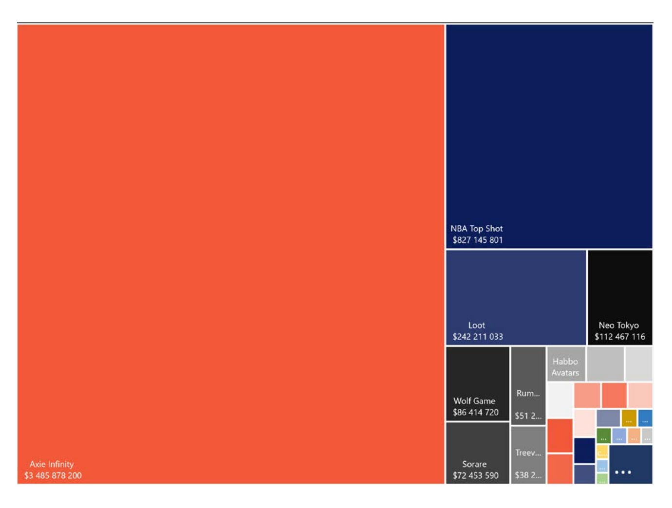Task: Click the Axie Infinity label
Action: point(51,464)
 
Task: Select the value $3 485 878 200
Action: point(53,475)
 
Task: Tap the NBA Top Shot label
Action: point(476,228)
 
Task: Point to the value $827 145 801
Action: point(477,240)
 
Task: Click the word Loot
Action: point(476,325)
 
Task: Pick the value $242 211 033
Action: point(477,337)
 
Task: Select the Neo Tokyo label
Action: point(618,325)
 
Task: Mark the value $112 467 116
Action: point(619,337)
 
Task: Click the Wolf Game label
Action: point(474,401)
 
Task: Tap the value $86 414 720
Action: point(475,413)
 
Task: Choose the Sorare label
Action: point(474,464)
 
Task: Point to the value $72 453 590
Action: point(475,475)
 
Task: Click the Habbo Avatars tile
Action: point(565,364)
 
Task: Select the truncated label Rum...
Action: point(528,393)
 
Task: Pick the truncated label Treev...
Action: point(528,453)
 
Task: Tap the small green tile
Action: point(603,435)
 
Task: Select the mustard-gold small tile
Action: point(629,417)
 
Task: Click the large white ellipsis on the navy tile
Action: point(623,472)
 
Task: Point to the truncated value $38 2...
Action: point(528,475)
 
